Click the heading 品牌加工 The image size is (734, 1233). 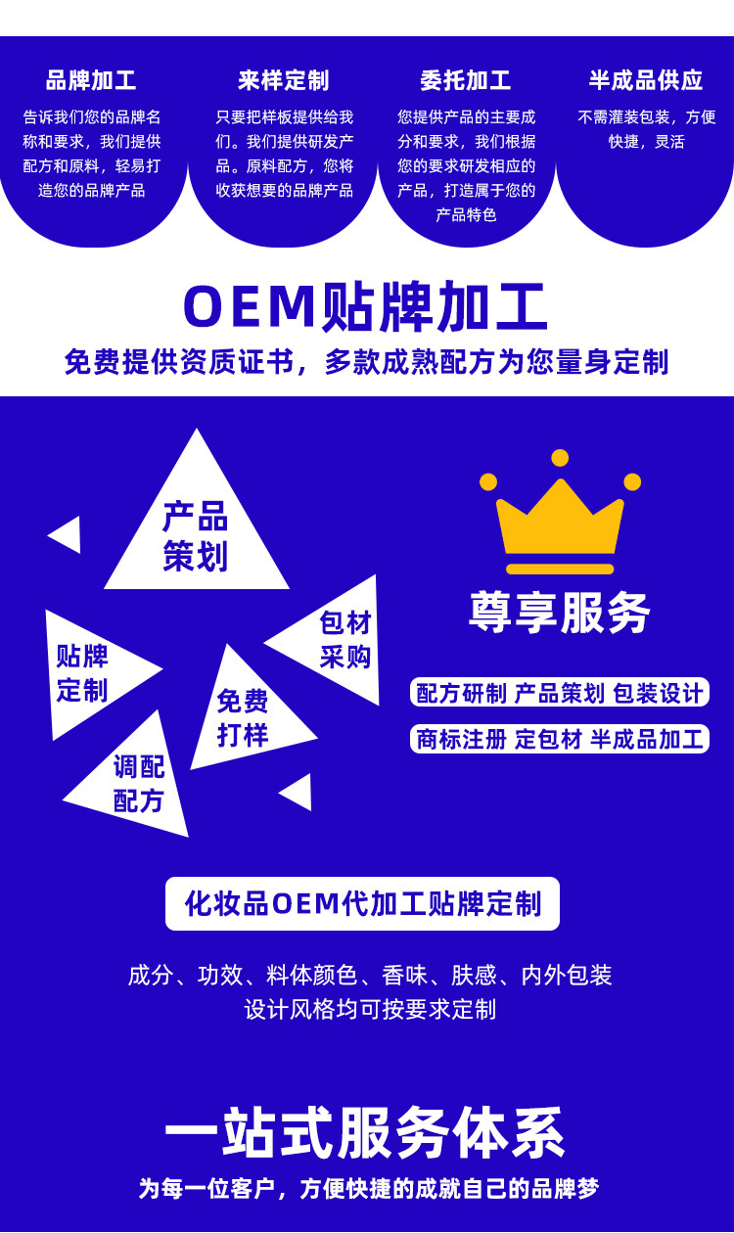(x=91, y=80)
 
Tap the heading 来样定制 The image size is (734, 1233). (x=283, y=80)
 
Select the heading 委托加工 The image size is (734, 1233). (x=466, y=80)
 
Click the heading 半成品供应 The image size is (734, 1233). (x=646, y=80)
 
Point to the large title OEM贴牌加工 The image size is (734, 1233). (x=365, y=306)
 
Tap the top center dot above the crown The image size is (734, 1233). (x=560, y=458)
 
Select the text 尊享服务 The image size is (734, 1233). (x=560, y=614)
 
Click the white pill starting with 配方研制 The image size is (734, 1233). (x=560, y=693)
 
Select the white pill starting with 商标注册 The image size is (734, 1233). (x=560, y=739)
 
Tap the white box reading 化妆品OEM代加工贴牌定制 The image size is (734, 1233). (x=362, y=903)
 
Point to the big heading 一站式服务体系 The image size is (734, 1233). (x=365, y=1133)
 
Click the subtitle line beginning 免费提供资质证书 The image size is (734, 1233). (x=366, y=362)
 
